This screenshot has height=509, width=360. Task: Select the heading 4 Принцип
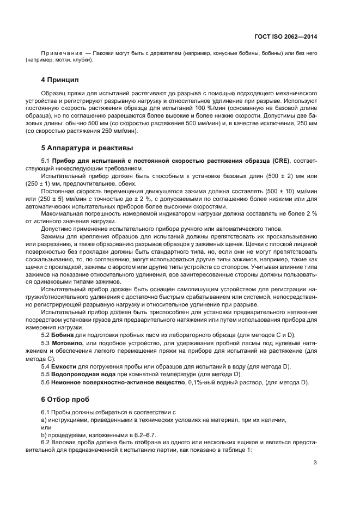(x=64, y=80)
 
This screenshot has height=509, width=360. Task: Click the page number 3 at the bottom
(x=315, y=463)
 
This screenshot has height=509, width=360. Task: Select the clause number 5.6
(x=46, y=383)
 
